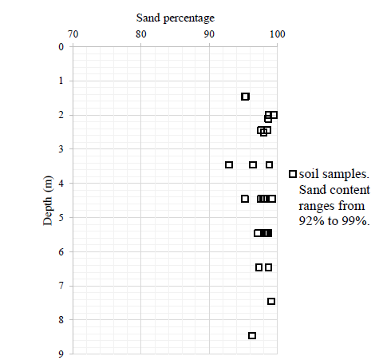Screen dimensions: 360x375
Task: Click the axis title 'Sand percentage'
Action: pyautogui.click(x=175, y=17)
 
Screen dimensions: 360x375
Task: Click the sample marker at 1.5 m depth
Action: pyautogui.click(x=245, y=97)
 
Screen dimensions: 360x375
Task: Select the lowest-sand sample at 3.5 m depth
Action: pyautogui.click(x=229, y=164)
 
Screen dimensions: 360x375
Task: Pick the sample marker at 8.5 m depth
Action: pyautogui.click(x=252, y=335)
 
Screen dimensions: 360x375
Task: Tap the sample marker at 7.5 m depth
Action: pyautogui.click(x=271, y=301)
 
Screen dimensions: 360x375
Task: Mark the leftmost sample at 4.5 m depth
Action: pyautogui.click(x=245, y=199)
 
